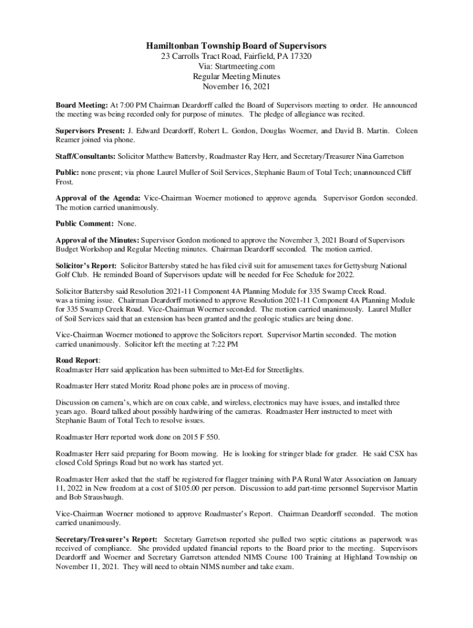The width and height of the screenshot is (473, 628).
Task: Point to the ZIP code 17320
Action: (x=300, y=56)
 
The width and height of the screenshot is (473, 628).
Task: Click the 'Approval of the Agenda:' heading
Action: (x=98, y=198)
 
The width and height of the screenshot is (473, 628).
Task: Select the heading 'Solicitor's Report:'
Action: (x=86, y=265)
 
